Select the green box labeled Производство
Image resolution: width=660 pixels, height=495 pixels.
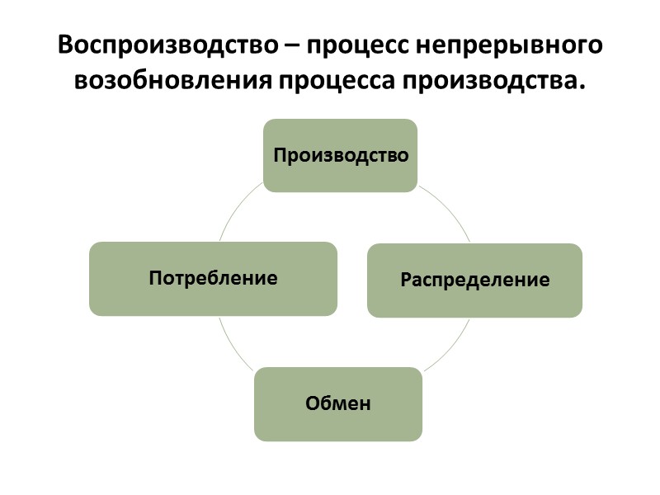(x=340, y=155)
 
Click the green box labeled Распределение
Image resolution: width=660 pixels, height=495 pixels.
(x=474, y=280)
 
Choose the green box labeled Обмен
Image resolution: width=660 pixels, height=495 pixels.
(x=338, y=403)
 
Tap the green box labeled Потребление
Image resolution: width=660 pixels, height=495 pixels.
(x=213, y=278)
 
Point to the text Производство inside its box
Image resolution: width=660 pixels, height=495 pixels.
(x=340, y=155)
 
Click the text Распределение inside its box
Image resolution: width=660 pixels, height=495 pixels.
(x=474, y=280)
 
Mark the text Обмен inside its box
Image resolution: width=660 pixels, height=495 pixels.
(x=338, y=403)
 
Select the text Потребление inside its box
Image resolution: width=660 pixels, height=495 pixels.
(x=213, y=278)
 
